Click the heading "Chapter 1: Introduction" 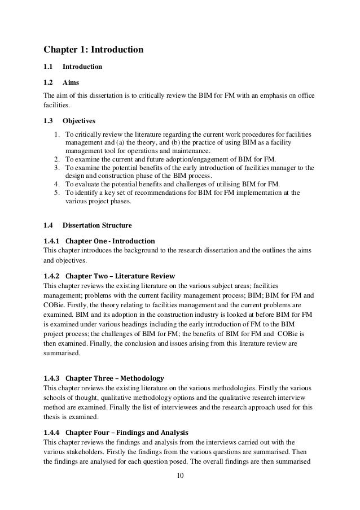pos(93,50)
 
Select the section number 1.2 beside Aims pos(48,82)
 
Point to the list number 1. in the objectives pos(56,136)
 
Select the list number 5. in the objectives pos(56,193)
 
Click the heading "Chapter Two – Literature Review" pos(120,276)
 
